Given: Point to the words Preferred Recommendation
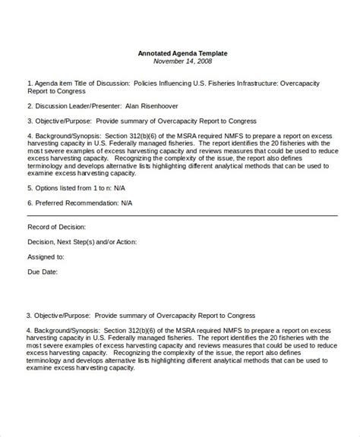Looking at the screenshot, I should (x=84, y=203).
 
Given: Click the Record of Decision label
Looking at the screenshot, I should (x=56, y=227).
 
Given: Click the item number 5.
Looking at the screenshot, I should (x=30, y=187).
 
